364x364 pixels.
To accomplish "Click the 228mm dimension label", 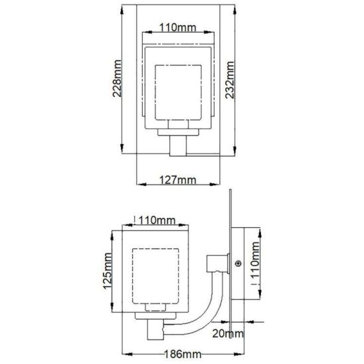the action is (x=117, y=78).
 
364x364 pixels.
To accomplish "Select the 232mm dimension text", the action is (x=230, y=80).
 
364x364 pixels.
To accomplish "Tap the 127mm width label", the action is (x=177, y=180).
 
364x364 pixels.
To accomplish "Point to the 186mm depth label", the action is (x=183, y=354).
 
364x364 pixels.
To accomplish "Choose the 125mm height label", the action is (x=107, y=271).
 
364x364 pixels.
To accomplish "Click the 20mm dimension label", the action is (x=228, y=333).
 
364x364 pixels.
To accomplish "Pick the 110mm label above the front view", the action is (x=177, y=28).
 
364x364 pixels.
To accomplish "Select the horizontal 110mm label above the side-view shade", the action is (x=157, y=221).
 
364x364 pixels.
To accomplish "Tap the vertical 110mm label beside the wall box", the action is (x=255, y=260).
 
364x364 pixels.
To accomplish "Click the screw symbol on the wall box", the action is (x=238, y=264).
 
